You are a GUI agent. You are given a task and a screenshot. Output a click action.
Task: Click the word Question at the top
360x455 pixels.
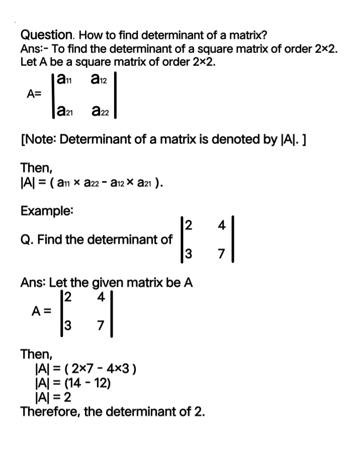coord(47,35)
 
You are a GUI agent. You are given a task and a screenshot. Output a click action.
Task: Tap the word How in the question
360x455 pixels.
coord(88,36)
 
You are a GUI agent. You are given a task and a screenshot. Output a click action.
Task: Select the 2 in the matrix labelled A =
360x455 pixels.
coord(69,297)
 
